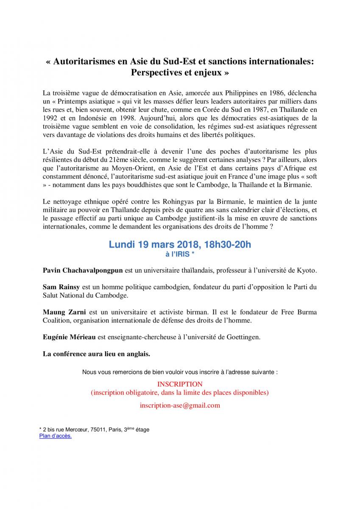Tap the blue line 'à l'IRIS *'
180,254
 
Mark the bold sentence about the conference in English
97,353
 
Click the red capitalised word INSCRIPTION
180,384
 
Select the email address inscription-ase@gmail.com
180,405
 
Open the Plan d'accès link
56,436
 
